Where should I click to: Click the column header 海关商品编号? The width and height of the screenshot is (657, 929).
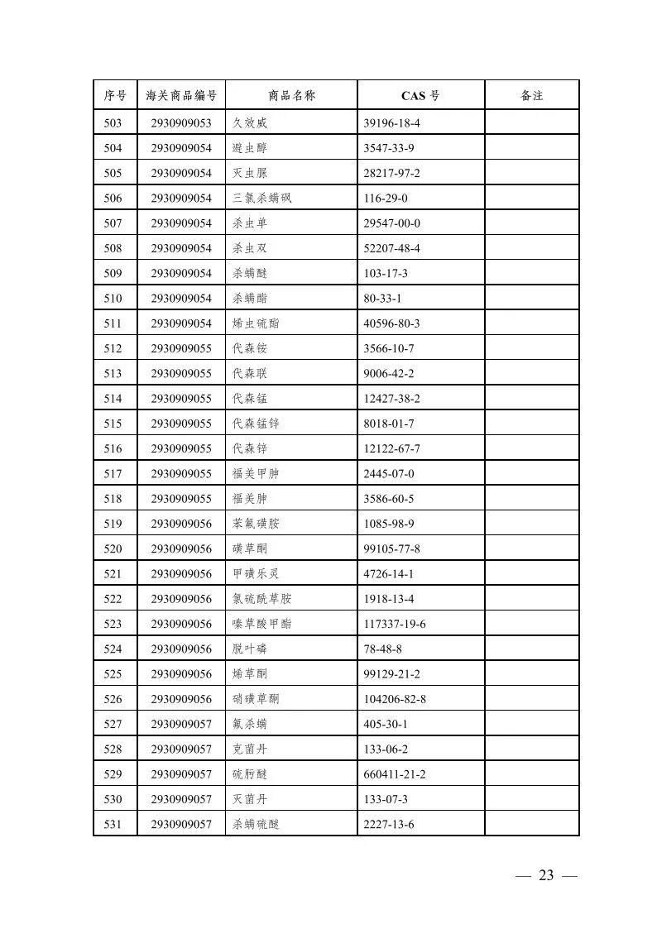click(x=181, y=96)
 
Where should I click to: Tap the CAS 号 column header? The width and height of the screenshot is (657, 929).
click(x=420, y=96)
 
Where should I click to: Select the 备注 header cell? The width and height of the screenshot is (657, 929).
click(x=531, y=96)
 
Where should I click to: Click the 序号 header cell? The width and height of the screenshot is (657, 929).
click(x=115, y=96)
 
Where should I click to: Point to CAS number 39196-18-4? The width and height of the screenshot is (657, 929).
click(x=392, y=123)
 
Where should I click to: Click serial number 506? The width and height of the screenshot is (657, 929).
click(x=113, y=199)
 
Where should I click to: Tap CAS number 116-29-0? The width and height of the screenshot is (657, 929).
click(x=386, y=199)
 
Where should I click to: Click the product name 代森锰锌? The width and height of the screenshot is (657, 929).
click(x=256, y=424)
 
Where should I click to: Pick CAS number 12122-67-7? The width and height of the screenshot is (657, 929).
click(x=392, y=448)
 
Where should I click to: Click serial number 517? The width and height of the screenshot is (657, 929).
click(x=113, y=474)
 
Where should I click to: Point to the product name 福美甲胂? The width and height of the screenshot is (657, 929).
click(x=256, y=474)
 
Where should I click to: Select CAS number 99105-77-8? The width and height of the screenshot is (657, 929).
click(x=392, y=548)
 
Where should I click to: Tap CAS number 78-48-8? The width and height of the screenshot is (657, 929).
click(x=382, y=649)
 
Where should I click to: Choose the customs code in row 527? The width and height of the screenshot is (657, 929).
click(x=181, y=724)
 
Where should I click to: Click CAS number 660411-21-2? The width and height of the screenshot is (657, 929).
click(x=395, y=774)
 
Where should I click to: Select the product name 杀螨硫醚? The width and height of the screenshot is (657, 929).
click(x=256, y=824)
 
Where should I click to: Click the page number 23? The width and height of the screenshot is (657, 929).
click(x=545, y=876)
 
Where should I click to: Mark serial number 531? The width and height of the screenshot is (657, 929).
click(x=113, y=824)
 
